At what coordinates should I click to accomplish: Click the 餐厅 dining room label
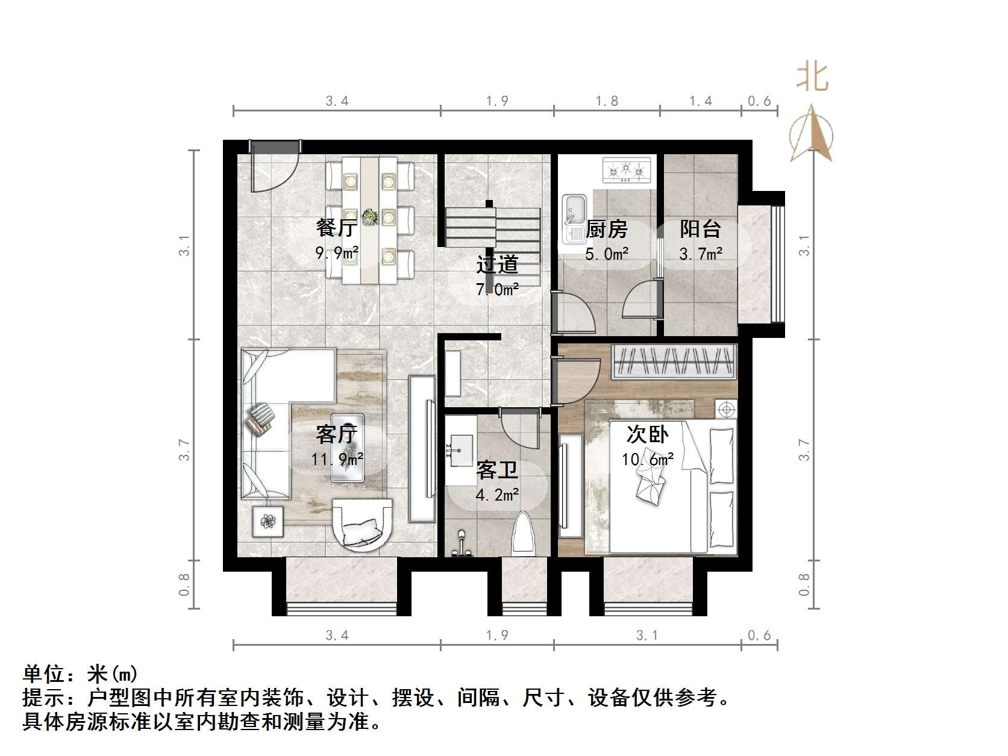click(x=337, y=228)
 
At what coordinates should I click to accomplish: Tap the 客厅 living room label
click(x=337, y=434)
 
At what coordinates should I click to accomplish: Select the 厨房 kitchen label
click(x=607, y=230)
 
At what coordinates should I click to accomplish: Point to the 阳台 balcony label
click(x=700, y=230)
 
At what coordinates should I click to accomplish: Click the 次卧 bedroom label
click(x=648, y=434)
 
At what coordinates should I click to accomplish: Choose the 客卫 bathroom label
click(x=497, y=470)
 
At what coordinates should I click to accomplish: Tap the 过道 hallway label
click(x=497, y=264)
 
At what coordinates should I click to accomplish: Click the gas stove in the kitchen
click(x=627, y=170)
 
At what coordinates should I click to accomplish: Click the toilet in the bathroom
click(x=523, y=535)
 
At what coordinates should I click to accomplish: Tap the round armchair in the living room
click(x=363, y=523)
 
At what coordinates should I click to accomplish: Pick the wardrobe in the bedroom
click(x=675, y=361)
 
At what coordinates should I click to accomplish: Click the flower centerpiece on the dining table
click(x=369, y=215)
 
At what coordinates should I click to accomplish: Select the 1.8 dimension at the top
click(x=607, y=101)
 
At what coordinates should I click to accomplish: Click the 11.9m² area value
click(x=337, y=459)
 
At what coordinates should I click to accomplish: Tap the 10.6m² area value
click(x=648, y=460)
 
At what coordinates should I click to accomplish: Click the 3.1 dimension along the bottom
click(x=647, y=635)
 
